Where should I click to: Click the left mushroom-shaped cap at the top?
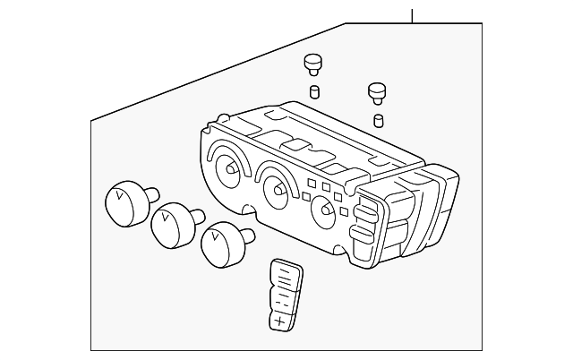(312, 63)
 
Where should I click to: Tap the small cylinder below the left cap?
(313, 90)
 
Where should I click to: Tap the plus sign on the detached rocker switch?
(279, 319)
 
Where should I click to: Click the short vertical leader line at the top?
(413, 15)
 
